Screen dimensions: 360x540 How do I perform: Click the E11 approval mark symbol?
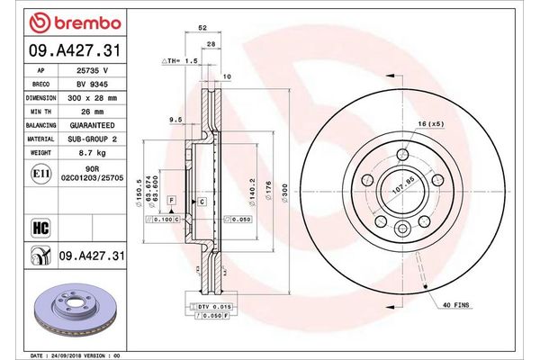(41, 172)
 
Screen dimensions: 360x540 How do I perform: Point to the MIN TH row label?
(41, 111)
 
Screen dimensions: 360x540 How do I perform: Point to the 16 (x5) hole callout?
(428, 122)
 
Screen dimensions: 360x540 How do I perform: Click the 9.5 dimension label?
(176, 119)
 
